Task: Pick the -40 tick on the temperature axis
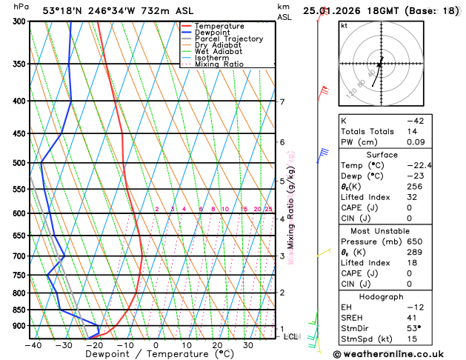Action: pos(33,345)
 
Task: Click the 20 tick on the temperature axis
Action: pos(217,345)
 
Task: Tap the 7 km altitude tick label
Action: pos(282,102)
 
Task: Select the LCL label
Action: pos(292,336)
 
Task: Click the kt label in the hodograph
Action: pos(344,25)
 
